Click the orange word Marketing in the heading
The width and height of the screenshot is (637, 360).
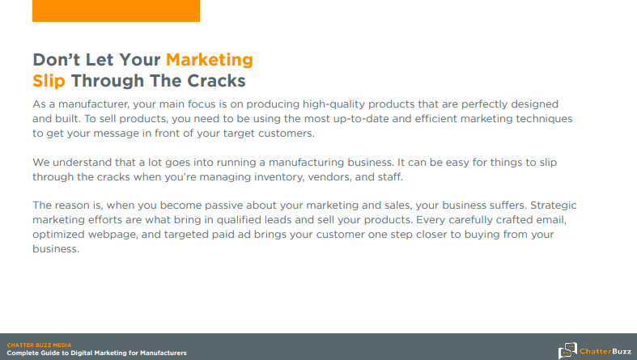point(209,60)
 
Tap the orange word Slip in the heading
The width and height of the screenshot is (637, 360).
point(49,81)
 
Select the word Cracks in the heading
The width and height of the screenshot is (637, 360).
point(216,81)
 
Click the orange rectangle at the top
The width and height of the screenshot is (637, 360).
point(117,11)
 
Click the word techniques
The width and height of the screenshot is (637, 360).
point(544,119)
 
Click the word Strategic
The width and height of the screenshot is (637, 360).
point(554,205)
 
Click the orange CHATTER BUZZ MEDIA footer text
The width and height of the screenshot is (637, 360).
point(39,345)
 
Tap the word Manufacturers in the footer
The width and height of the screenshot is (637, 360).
point(163,353)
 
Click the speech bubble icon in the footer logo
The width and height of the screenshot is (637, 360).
point(567,350)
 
